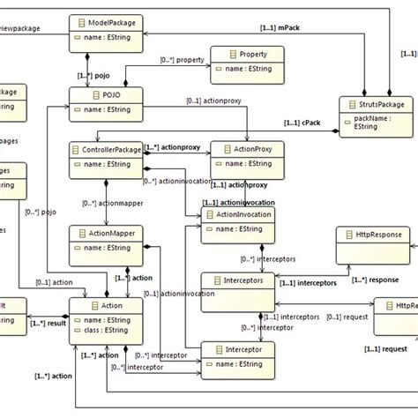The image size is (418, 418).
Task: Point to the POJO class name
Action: pos(98,93)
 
